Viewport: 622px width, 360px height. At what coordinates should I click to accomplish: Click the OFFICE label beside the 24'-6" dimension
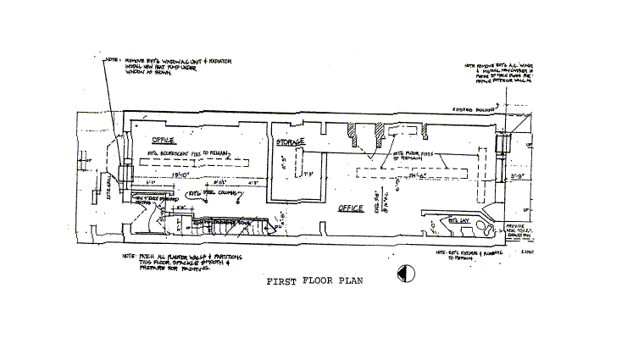350,207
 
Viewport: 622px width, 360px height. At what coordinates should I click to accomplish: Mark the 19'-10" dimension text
179,175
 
